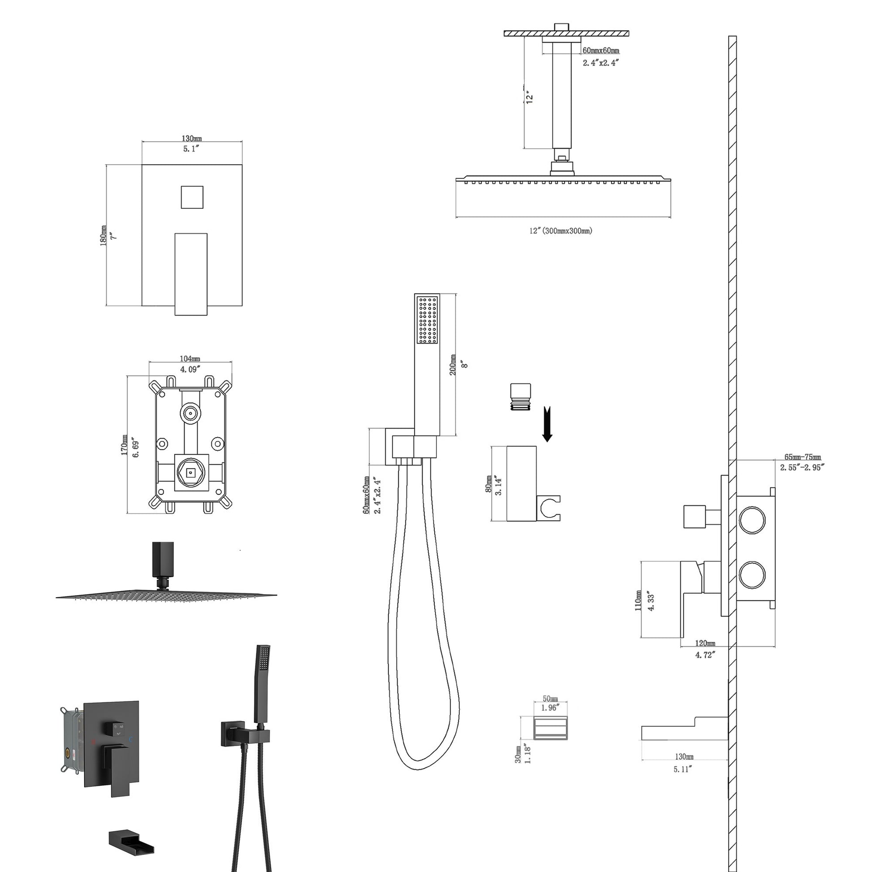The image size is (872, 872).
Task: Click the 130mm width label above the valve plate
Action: point(191,138)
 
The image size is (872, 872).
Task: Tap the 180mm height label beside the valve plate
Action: point(104,236)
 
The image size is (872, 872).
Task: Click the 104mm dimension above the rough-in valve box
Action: point(190,358)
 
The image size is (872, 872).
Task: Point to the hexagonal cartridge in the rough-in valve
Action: point(190,473)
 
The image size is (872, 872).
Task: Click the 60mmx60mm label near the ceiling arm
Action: point(601,51)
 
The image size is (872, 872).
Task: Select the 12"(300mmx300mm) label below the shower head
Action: point(561,231)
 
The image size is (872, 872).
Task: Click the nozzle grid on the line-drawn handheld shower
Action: point(427,319)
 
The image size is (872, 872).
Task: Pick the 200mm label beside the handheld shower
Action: point(453,365)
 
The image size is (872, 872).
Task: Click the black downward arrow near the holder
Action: point(547,424)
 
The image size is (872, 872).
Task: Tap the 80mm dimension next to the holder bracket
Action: point(488,484)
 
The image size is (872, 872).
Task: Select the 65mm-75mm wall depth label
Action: point(803,457)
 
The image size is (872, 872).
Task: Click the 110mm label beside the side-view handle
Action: point(638,601)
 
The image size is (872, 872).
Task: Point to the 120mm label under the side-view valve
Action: point(704,643)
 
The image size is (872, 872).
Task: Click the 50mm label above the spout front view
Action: point(550,699)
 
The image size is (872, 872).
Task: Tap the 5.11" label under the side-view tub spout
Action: point(682,769)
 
